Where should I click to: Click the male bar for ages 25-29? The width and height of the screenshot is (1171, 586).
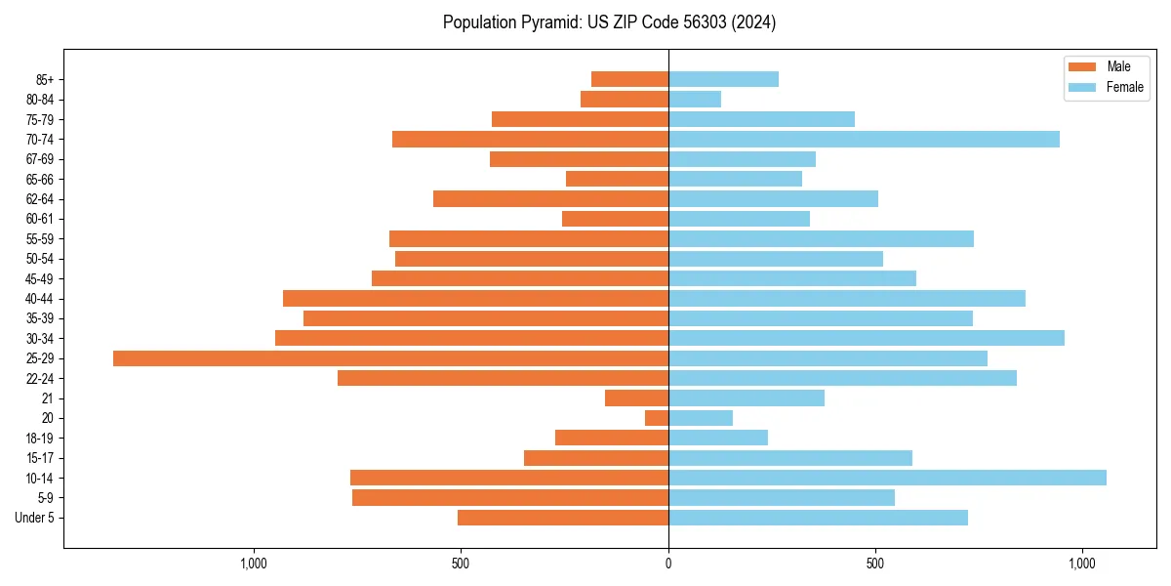point(390,358)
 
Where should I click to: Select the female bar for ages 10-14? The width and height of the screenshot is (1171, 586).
point(887,478)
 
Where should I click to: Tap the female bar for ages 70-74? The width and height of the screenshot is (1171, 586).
point(864,140)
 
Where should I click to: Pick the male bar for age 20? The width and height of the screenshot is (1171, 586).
point(657,418)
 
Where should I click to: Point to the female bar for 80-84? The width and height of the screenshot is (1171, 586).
point(695,100)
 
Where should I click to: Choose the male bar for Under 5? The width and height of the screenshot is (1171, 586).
point(563,518)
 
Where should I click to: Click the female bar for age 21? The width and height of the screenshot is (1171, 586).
point(747,398)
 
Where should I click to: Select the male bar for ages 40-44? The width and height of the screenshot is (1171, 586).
point(475,299)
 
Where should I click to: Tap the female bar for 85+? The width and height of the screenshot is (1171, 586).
point(723,80)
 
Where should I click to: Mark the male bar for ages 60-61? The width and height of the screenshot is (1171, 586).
point(615,219)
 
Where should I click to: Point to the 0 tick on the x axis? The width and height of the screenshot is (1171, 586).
point(668,564)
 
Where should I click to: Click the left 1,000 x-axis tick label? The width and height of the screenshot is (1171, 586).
point(253,564)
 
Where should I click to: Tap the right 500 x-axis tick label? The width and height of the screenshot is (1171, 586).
point(875,564)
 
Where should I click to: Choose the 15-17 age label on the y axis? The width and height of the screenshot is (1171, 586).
point(40,458)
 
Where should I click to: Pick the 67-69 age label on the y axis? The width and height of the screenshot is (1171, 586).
point(40,159)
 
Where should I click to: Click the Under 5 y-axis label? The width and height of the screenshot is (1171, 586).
point(34,518)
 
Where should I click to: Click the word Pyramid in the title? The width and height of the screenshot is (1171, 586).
point(546,22)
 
